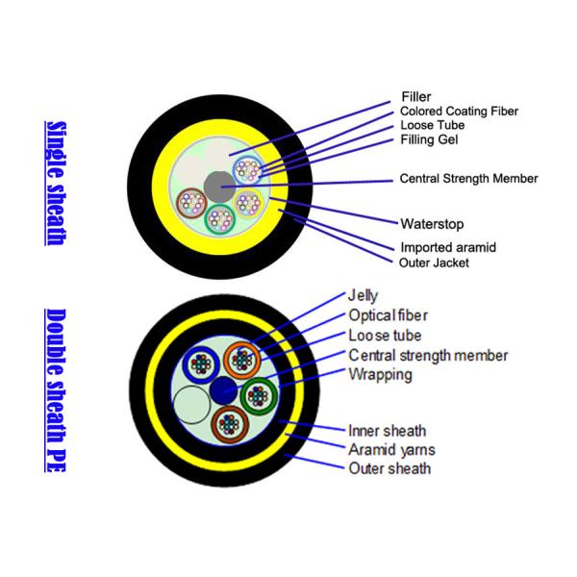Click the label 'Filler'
tap(415, 96)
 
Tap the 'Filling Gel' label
tap(430, 139)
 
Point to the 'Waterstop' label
tap(432, 224)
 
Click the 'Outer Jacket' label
tap(434, 262)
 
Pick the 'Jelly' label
tap(364, 295)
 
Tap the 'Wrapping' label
tap(381, 374)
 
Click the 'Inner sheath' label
tap(388, 430)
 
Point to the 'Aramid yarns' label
tap(392, 448)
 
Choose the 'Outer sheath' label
tap(389, 468)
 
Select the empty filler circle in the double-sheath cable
tap(193, 402)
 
